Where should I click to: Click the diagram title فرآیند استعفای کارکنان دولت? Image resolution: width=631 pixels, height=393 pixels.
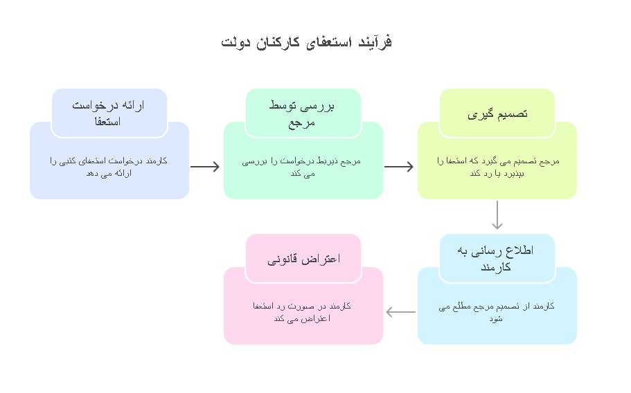(x=306, y=42)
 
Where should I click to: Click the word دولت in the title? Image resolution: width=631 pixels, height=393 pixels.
(x=235, y=42)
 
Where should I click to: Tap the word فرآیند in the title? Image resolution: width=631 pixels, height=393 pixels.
(x=375, y=42)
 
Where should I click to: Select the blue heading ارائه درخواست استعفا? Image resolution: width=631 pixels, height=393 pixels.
(x=108, y=113)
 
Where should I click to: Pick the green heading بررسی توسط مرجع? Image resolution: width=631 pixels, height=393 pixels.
(x=302, y=113)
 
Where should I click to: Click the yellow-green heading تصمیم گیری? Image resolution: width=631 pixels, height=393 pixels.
(x=497, y=114)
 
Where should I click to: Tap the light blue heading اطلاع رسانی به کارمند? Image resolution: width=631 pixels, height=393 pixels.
(x=495, y=258)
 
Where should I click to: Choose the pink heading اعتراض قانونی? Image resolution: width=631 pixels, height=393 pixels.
(x=304, y=259)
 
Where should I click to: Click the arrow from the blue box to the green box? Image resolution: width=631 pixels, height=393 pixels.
(x=205, y=166)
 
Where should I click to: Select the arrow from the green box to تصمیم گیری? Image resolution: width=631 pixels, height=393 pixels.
(x=399, y=166)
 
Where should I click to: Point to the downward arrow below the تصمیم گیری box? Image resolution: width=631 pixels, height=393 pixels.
(x=497, y=215)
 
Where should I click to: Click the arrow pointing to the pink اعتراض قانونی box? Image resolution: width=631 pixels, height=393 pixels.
(x=401, y=312)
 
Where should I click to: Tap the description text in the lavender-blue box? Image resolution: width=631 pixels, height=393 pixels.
(x=109, y=167)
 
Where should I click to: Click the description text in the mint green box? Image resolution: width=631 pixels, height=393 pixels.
(x=301, y=167)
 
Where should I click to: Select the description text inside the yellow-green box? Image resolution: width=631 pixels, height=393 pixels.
(x=498, y=167)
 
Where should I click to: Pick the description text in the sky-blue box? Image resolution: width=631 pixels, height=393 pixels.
(x=497, y=312)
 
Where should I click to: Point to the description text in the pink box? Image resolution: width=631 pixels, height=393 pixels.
(x=302, y=312)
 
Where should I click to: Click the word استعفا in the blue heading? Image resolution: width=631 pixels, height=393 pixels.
(x=107, y=121)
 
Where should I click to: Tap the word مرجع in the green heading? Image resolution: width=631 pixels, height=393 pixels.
(x=301, y=123)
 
